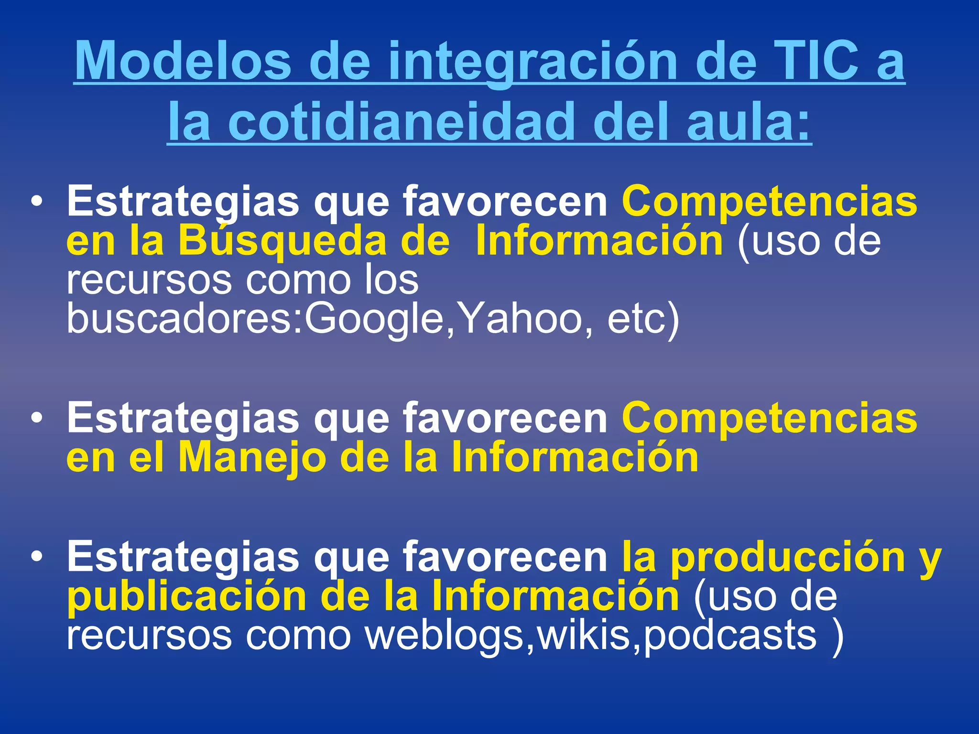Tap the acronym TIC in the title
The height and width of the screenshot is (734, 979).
click(x=813, y=61)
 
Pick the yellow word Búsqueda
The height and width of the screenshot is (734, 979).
click(x=282, y=241)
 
